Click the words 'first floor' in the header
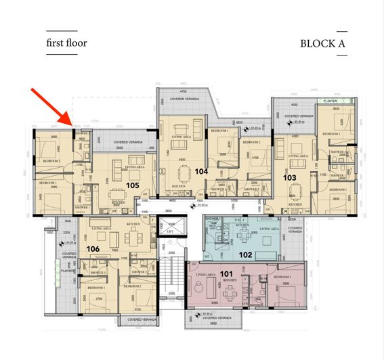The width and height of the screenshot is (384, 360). pos(66,43)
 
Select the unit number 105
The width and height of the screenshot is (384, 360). pos(132,185)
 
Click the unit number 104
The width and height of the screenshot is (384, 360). pos(200,172)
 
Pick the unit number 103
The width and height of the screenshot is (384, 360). pos(290,177)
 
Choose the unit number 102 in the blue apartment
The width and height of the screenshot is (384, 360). pos(245,254)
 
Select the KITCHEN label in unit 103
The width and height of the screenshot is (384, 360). pos(295,204)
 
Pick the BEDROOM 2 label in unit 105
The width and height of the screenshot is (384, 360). pos(52,161)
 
